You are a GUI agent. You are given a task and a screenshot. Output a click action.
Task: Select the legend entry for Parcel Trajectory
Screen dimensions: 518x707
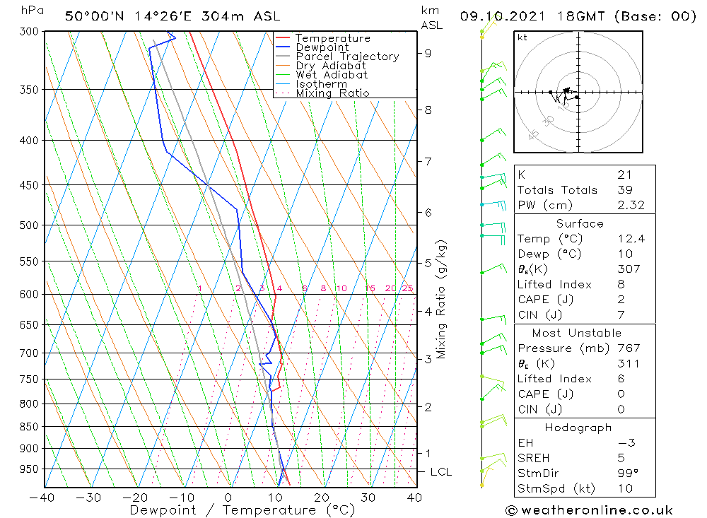[347, 57]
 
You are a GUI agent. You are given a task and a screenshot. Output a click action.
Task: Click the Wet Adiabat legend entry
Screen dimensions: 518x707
[332, 75]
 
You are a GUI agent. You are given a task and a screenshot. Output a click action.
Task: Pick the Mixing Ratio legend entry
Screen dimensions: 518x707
[332, 93]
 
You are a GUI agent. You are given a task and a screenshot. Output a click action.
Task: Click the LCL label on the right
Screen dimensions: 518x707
[440, 472]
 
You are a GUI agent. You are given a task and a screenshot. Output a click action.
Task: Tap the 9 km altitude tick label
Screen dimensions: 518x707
[428, 53]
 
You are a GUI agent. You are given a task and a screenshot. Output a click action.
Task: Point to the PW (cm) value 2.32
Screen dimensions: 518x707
[630, 205]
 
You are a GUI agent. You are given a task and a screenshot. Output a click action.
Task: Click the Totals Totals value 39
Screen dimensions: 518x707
[624, 189]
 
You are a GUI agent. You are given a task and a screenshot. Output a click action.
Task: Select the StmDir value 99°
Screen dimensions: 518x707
[626, 473]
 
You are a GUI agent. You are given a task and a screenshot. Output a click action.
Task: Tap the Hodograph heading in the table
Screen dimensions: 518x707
[578, 428]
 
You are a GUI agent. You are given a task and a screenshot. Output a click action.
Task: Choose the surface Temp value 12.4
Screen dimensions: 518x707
[631, 239]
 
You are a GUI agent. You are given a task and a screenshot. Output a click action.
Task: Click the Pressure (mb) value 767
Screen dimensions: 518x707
[629, 348]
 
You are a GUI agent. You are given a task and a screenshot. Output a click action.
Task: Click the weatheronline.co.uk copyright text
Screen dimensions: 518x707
[589, 510]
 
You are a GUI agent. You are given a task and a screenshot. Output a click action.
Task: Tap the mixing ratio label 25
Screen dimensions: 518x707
[407, 288]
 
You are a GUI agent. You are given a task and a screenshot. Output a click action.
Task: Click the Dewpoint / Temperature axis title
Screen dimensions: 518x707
[243, 510]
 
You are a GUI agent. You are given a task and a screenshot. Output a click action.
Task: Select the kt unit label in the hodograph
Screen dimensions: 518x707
[522, 37]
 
